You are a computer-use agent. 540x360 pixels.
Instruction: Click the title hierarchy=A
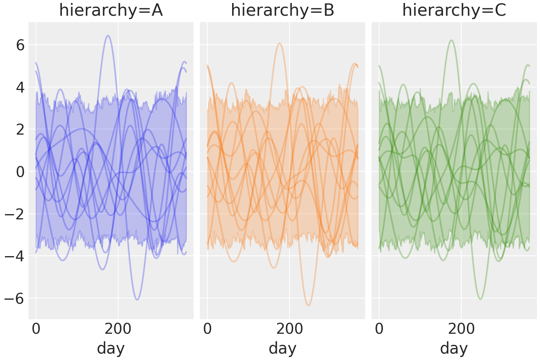111,10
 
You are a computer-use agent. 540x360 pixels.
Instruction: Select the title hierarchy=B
282,10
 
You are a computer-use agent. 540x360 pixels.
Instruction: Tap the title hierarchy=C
454,10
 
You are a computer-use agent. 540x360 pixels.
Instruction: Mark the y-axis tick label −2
15,214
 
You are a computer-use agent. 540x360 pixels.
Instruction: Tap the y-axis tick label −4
15,256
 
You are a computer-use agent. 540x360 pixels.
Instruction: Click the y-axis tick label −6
15,298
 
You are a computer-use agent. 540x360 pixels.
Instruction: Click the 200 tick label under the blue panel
118,329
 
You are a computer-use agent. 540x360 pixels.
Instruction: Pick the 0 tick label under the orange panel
207,329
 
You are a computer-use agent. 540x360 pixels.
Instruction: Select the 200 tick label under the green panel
461,329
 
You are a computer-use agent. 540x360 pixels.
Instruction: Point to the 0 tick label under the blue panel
36,329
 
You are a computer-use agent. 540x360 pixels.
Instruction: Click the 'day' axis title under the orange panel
282,348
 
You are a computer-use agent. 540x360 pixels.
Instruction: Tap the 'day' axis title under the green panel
454,348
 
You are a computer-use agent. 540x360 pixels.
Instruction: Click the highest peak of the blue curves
108,36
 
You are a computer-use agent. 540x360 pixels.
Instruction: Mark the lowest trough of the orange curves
308,305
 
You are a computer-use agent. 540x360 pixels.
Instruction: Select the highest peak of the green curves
451,40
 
